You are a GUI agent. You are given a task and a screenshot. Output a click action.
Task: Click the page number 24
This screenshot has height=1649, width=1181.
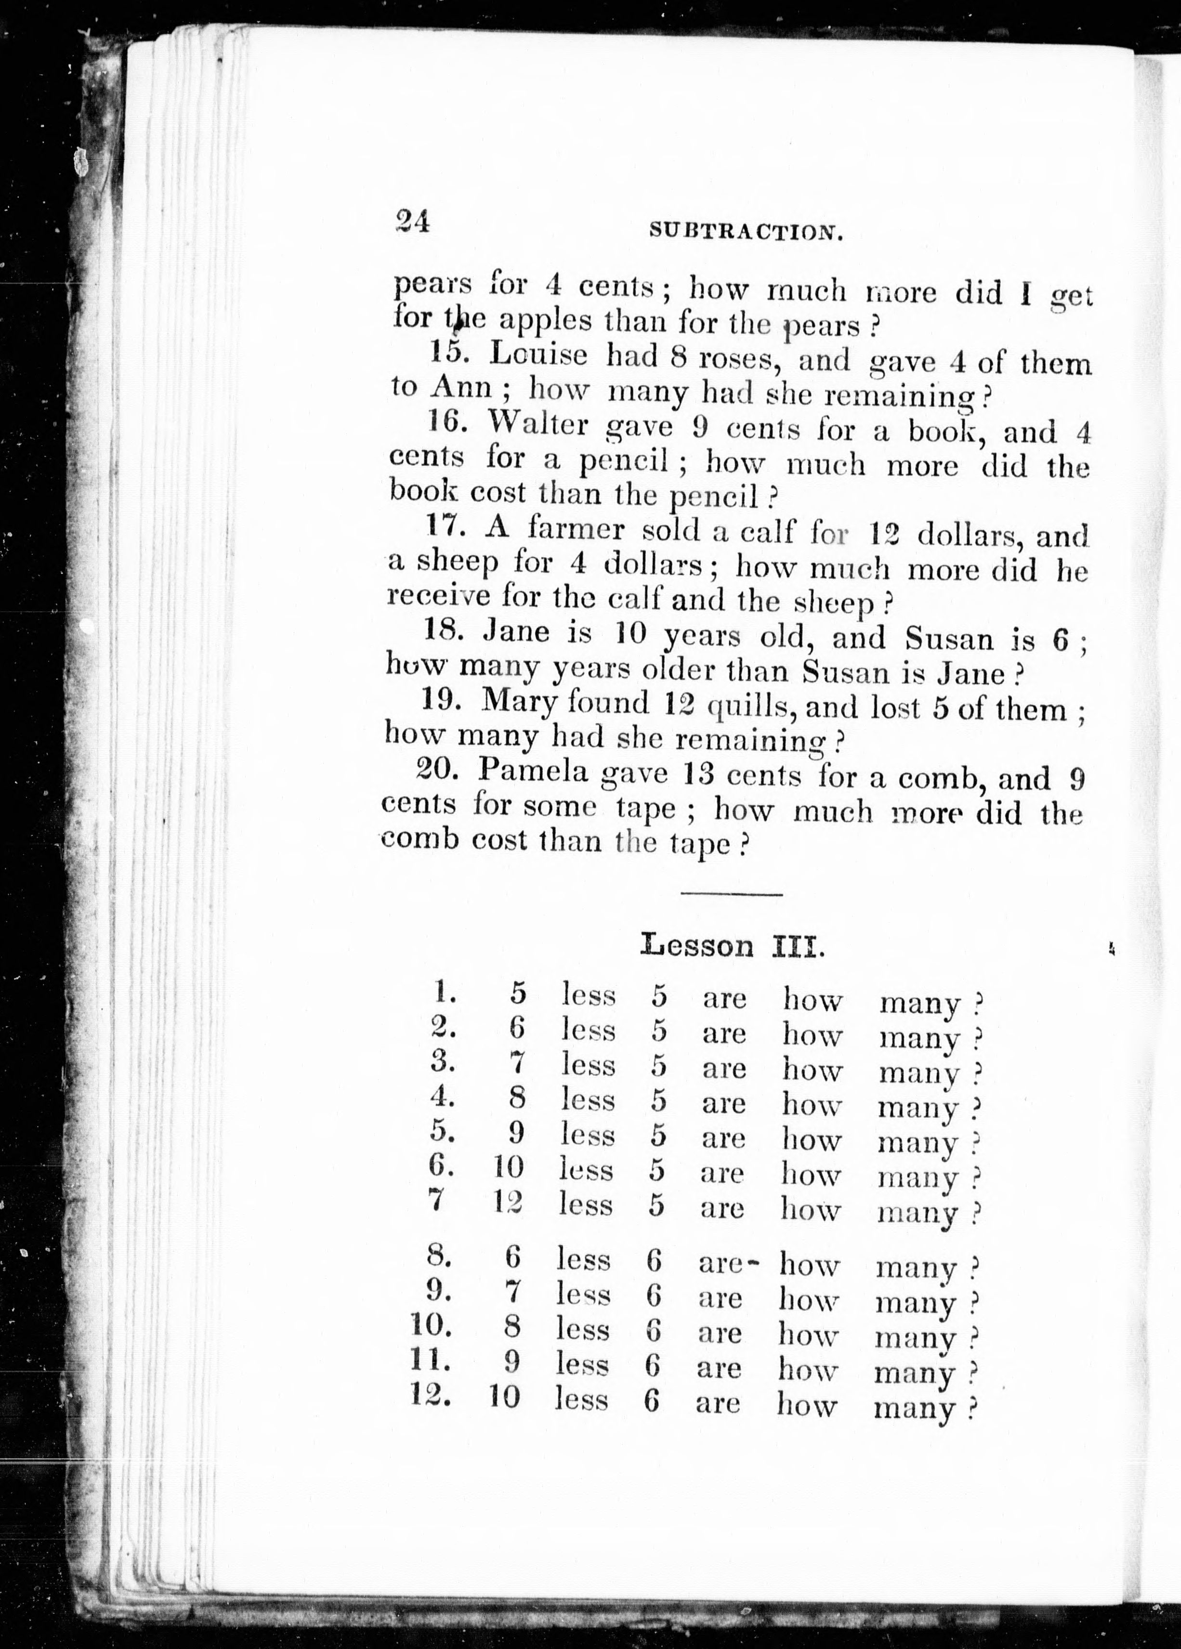pos(412,220)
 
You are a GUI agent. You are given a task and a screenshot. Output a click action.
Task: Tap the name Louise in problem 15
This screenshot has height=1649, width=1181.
pos(538,355)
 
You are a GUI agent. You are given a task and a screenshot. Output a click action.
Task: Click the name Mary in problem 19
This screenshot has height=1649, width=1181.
pos(519,702)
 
